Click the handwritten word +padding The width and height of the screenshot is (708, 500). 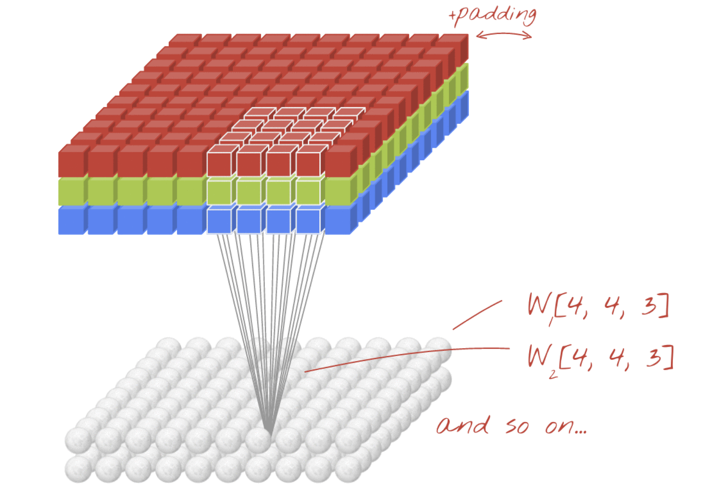[x=493, y=15]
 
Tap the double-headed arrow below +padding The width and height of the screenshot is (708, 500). [x=504, y=36]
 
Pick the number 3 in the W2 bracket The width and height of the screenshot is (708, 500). [x=654, y=357]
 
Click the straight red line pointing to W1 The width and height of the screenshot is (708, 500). [x=477, y=315]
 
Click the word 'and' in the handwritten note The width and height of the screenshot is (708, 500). [x=463, y=425]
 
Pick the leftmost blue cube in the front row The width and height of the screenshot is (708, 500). [x=71, y=220]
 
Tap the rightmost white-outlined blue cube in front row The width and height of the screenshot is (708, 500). [x=308, y=221]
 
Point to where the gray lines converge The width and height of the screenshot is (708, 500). [x=268, y=431]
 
